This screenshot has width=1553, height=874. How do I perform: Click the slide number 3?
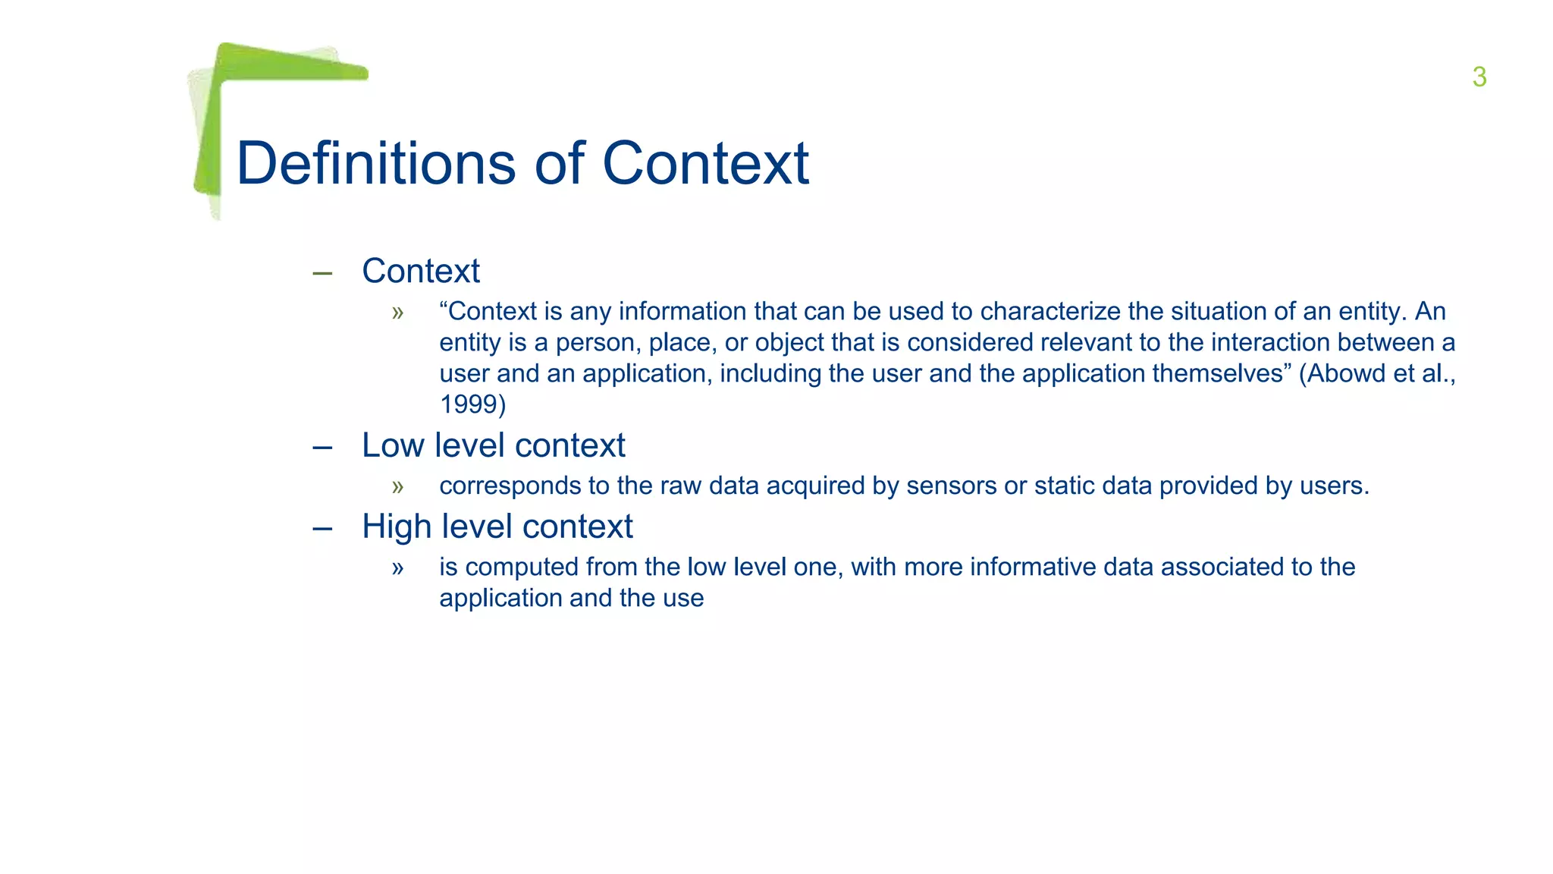click(1479, 77)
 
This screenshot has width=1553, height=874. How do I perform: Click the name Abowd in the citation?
click(1346, 373)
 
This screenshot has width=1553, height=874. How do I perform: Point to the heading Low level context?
click(493, 445)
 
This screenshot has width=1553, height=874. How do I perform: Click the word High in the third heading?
click(396, 527)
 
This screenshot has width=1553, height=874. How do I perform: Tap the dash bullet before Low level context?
click(322, 448)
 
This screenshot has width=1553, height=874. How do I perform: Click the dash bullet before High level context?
click(322, 529)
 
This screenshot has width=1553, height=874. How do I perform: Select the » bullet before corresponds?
click(397, 486)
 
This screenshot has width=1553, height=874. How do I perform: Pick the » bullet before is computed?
click(397, 567)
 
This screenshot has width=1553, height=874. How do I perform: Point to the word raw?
click(680, 486)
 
